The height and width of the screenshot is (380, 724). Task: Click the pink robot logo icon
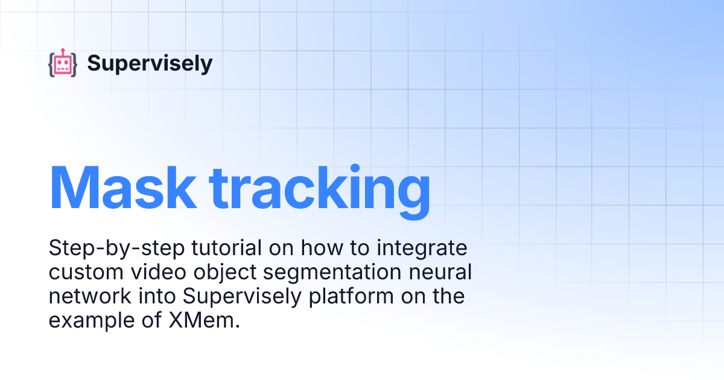[63, 63]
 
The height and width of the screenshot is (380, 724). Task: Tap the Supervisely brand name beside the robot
[150, 63]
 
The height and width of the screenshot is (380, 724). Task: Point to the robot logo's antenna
[63, 51]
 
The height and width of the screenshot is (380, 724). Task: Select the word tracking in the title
[320, 187]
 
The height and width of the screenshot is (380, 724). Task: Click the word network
[86, 297]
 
